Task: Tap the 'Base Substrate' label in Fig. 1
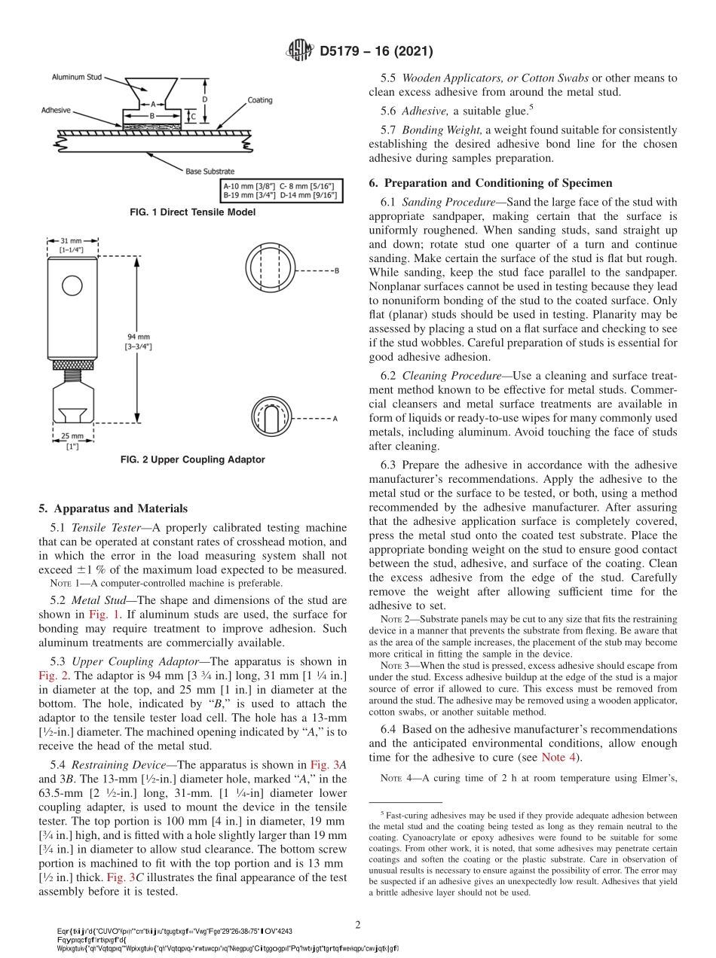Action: pos(210,171)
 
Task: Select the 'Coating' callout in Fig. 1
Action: pos(260,100)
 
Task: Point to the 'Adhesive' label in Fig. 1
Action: pos(55,110)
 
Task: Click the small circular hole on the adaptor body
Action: pos(72,285)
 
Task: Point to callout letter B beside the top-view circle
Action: pos(336,270)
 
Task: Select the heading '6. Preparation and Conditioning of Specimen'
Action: pos(491,183)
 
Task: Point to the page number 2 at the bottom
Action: pos(358,923)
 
